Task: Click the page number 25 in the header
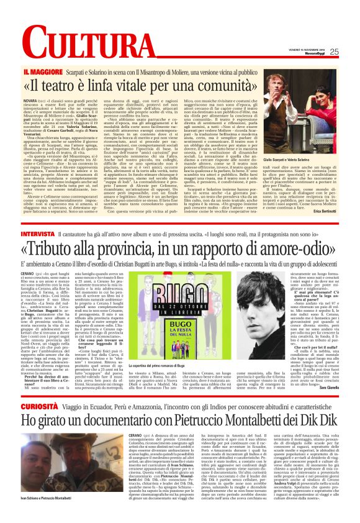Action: click(x=351, y=52)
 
